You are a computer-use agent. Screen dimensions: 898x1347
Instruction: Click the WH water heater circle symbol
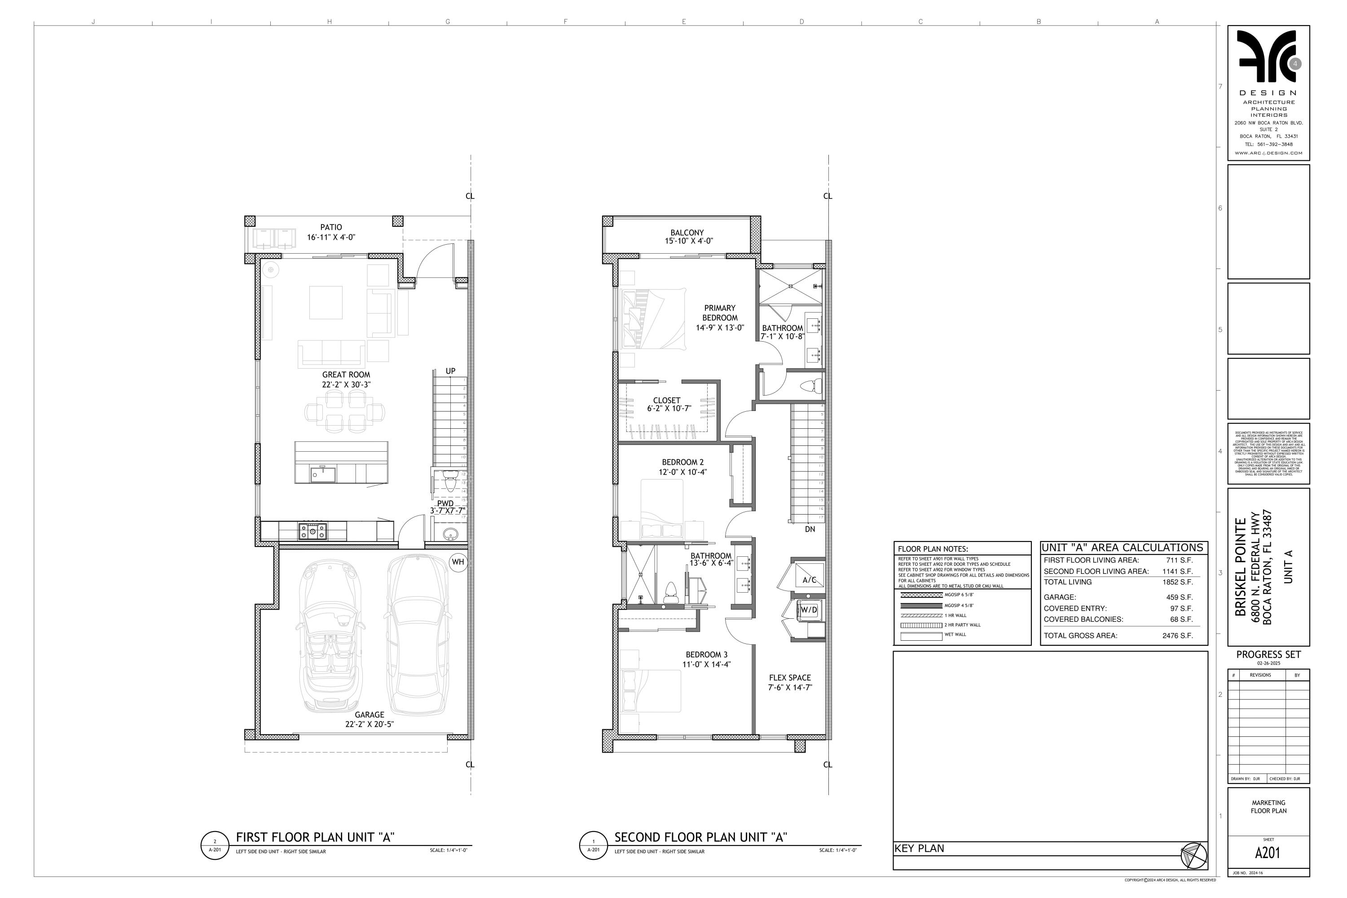(x=458, y=562)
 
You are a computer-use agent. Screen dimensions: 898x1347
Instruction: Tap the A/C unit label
(x=809, y=580)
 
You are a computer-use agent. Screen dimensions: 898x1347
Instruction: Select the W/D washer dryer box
(x=809, y=610)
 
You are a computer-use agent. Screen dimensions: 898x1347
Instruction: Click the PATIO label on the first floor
(x=331, y=227)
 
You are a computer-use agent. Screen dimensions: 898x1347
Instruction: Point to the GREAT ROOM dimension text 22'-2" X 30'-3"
(x=346, y=385)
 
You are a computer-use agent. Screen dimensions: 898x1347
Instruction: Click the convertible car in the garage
(x=330, y=636)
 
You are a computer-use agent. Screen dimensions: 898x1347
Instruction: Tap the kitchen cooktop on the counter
(x=313, y=531)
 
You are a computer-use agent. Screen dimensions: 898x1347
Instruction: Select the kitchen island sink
(x=316, y=474)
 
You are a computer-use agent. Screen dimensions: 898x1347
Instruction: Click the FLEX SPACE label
(x=790, y=678)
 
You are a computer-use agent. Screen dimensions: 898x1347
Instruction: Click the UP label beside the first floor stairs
(x=451, y=371)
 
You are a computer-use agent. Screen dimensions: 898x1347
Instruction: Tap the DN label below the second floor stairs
(x=810, y=529)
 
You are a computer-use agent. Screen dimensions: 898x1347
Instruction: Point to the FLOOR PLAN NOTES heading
(x=933, y=549)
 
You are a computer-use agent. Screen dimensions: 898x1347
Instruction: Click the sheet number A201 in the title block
(x=1268, y=853)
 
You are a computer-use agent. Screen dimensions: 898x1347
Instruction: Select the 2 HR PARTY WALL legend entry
(x=962, y=625)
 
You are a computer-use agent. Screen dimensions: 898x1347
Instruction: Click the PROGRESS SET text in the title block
(x=1268, y=654)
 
